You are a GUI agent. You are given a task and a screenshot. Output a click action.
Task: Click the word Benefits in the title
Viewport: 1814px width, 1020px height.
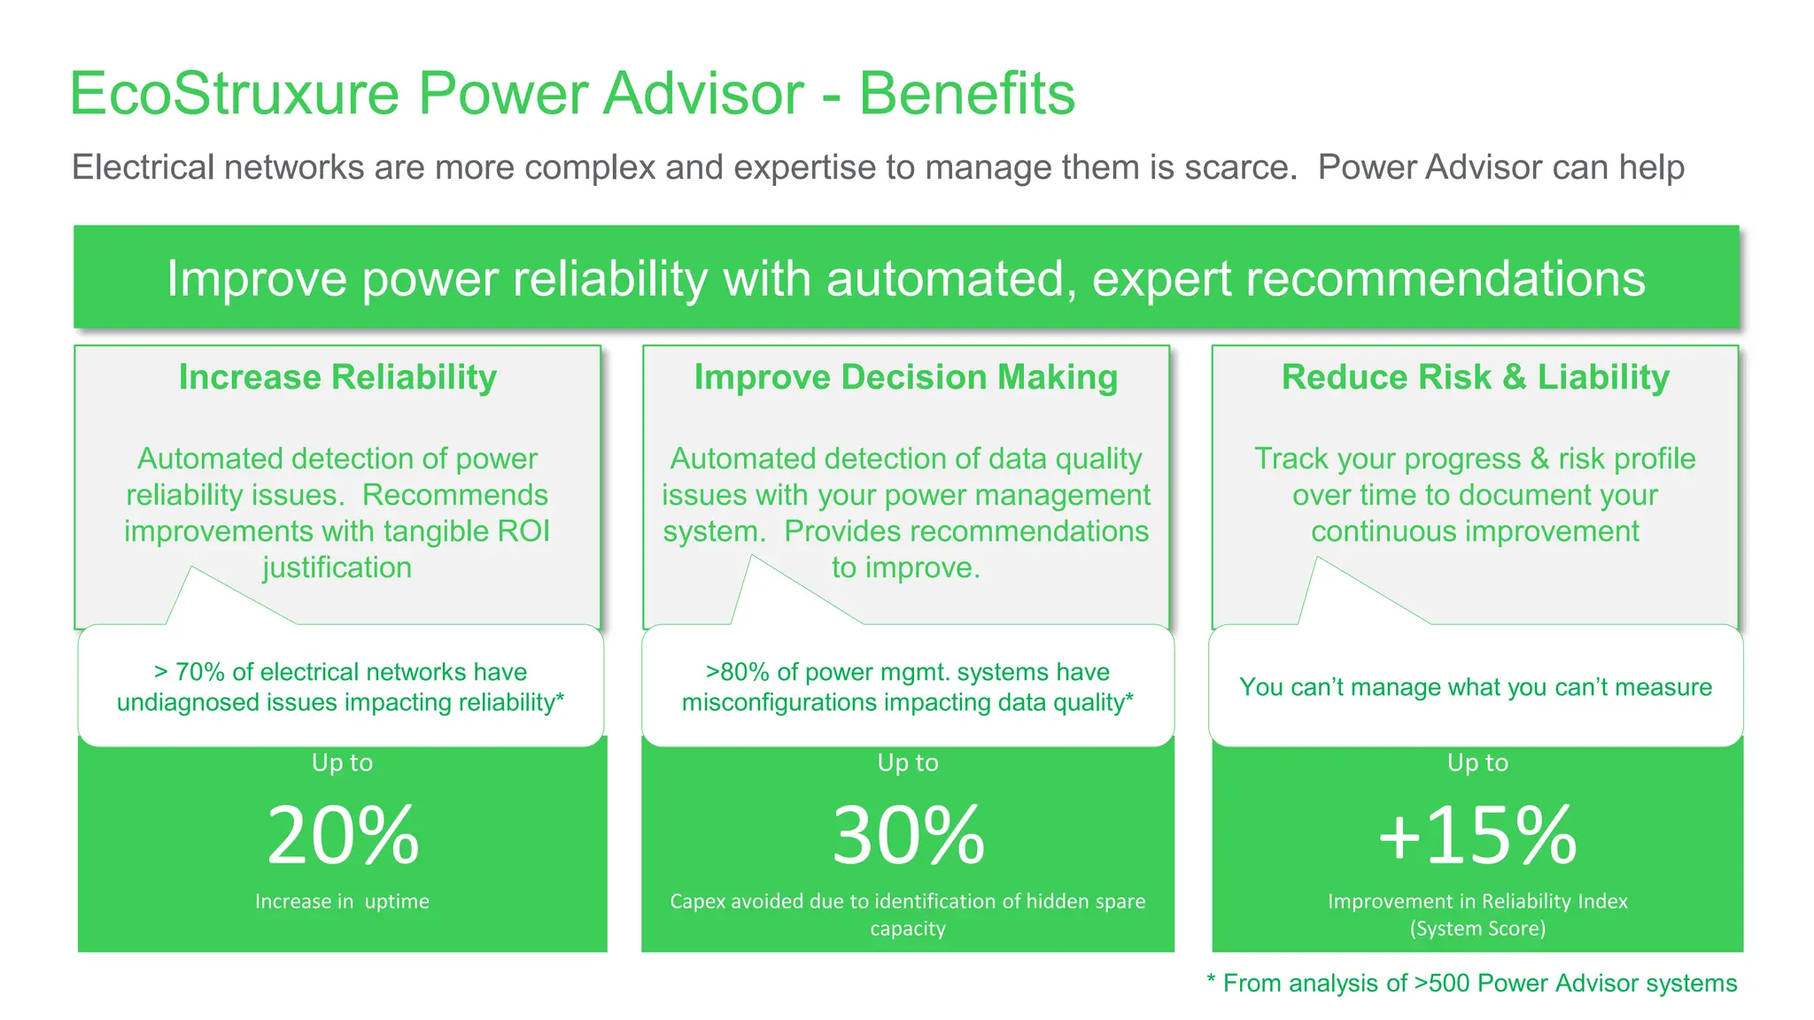click(x=966, y=93)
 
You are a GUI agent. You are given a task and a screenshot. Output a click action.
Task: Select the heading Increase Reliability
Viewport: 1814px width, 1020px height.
click(x=337, y=377)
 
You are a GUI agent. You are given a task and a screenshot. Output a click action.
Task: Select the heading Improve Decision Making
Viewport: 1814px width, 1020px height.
click(x=905, y=377)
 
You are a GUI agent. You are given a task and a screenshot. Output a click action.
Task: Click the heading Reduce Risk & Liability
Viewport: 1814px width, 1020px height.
click(x=1475, y=377)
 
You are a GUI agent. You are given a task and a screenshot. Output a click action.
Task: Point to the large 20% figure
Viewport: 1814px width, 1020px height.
click(x=343, y=835)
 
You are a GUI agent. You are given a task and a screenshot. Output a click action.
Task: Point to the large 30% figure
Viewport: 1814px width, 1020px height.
click(x=908, y=835)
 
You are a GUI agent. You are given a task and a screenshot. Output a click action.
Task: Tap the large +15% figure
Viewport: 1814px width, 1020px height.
click(x=1477, y=835)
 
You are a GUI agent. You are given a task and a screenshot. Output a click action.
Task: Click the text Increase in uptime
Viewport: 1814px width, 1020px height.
click(x=342, y=901)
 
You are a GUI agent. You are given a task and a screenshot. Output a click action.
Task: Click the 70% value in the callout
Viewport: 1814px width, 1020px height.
click(x=199, y=672)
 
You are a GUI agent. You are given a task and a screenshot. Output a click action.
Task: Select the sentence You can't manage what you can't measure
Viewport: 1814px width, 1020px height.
click(x=1475, y=687)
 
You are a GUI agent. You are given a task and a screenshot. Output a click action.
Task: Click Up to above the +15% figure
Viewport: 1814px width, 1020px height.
click(x=1477, y=762)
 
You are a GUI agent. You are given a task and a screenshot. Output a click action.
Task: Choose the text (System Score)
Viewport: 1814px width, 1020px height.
click(x=1477, y=929)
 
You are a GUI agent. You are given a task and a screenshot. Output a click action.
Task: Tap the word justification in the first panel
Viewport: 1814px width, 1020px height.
click(x=337, y=568)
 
